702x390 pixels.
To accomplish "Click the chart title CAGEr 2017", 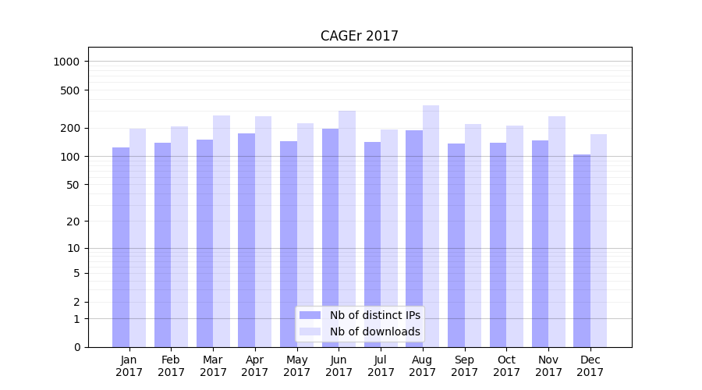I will pos(359,37).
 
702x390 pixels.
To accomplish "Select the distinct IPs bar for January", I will pos(121,247).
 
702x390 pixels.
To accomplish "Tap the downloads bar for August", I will pos(431,226).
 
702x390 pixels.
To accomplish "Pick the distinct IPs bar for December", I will pos(582,250).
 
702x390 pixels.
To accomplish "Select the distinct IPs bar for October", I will pos(498,245).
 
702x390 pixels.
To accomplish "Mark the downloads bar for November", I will pos(557,232).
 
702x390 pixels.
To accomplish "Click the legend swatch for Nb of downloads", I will pos(310,331).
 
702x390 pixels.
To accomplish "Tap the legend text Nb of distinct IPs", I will pos(375,315).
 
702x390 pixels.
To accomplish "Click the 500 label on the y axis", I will pos(72,90).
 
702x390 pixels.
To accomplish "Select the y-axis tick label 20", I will pos(74,222).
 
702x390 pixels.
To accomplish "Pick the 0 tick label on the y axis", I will pos(77,347).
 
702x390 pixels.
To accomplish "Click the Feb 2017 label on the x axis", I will pos(171,366).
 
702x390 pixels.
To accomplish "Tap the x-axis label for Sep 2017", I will pos(464,366).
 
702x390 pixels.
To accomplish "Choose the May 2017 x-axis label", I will pos(296,366).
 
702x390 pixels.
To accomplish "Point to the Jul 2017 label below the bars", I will pos(381,366).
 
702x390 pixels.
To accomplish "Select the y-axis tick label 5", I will pos(77,273).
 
